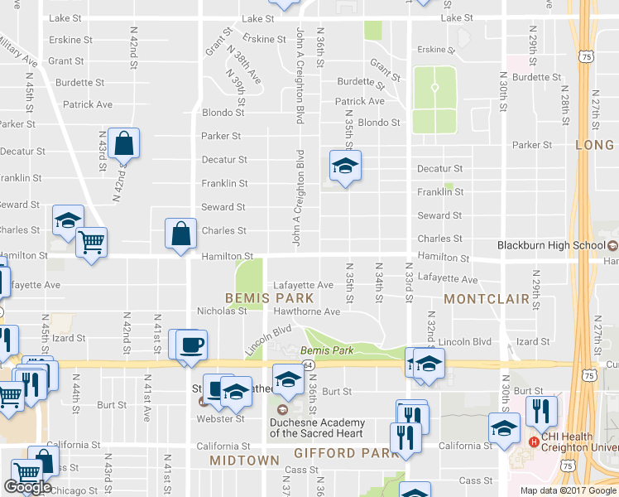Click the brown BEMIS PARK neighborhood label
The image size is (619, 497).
pyautogui.click(x=270, y=297)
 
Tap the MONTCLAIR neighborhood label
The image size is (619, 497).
pyautogui.click(x=486, y=297)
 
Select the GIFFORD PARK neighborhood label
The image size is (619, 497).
pyautogui.click(x=336, y=453)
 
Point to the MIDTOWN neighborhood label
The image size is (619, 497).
pyautogui.click(x=244, y=460)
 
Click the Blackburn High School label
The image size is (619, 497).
pyautogui.click(x=551, y=245)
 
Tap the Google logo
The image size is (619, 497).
pyautogui.click(x=27, y=487)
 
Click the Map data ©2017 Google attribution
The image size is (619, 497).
pyautogui.click(x=568, y=490)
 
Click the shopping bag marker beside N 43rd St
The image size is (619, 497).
pyautogui.click(x=123, y=143)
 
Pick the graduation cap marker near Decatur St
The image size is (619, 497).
pyautogui.click(x=345, y=166)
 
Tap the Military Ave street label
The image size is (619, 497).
pyautogui.click(x=18, y=51)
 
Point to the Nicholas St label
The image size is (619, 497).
pyautogui.click(x=222, y=311)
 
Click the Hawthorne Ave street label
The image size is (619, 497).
pyautogui.click(x=307, y=311)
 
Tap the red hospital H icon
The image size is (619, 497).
pyautogui.click(x=534, y=442)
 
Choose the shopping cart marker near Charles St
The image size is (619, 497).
pyautogui.click(x=91, y=243)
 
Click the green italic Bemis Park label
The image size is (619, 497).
pyautogui.click(x=333, y=351)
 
